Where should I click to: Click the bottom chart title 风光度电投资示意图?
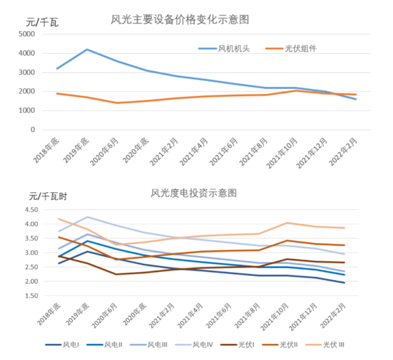pos(193,193)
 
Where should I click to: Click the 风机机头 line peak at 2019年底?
pos(87,49)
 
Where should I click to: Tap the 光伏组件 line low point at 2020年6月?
pos(117,103)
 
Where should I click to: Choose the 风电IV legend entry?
pos(203,344)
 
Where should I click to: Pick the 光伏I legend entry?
pos(246,344)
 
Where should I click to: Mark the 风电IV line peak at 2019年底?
pos(87,217)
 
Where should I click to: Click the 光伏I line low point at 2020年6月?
pos(117,274)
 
